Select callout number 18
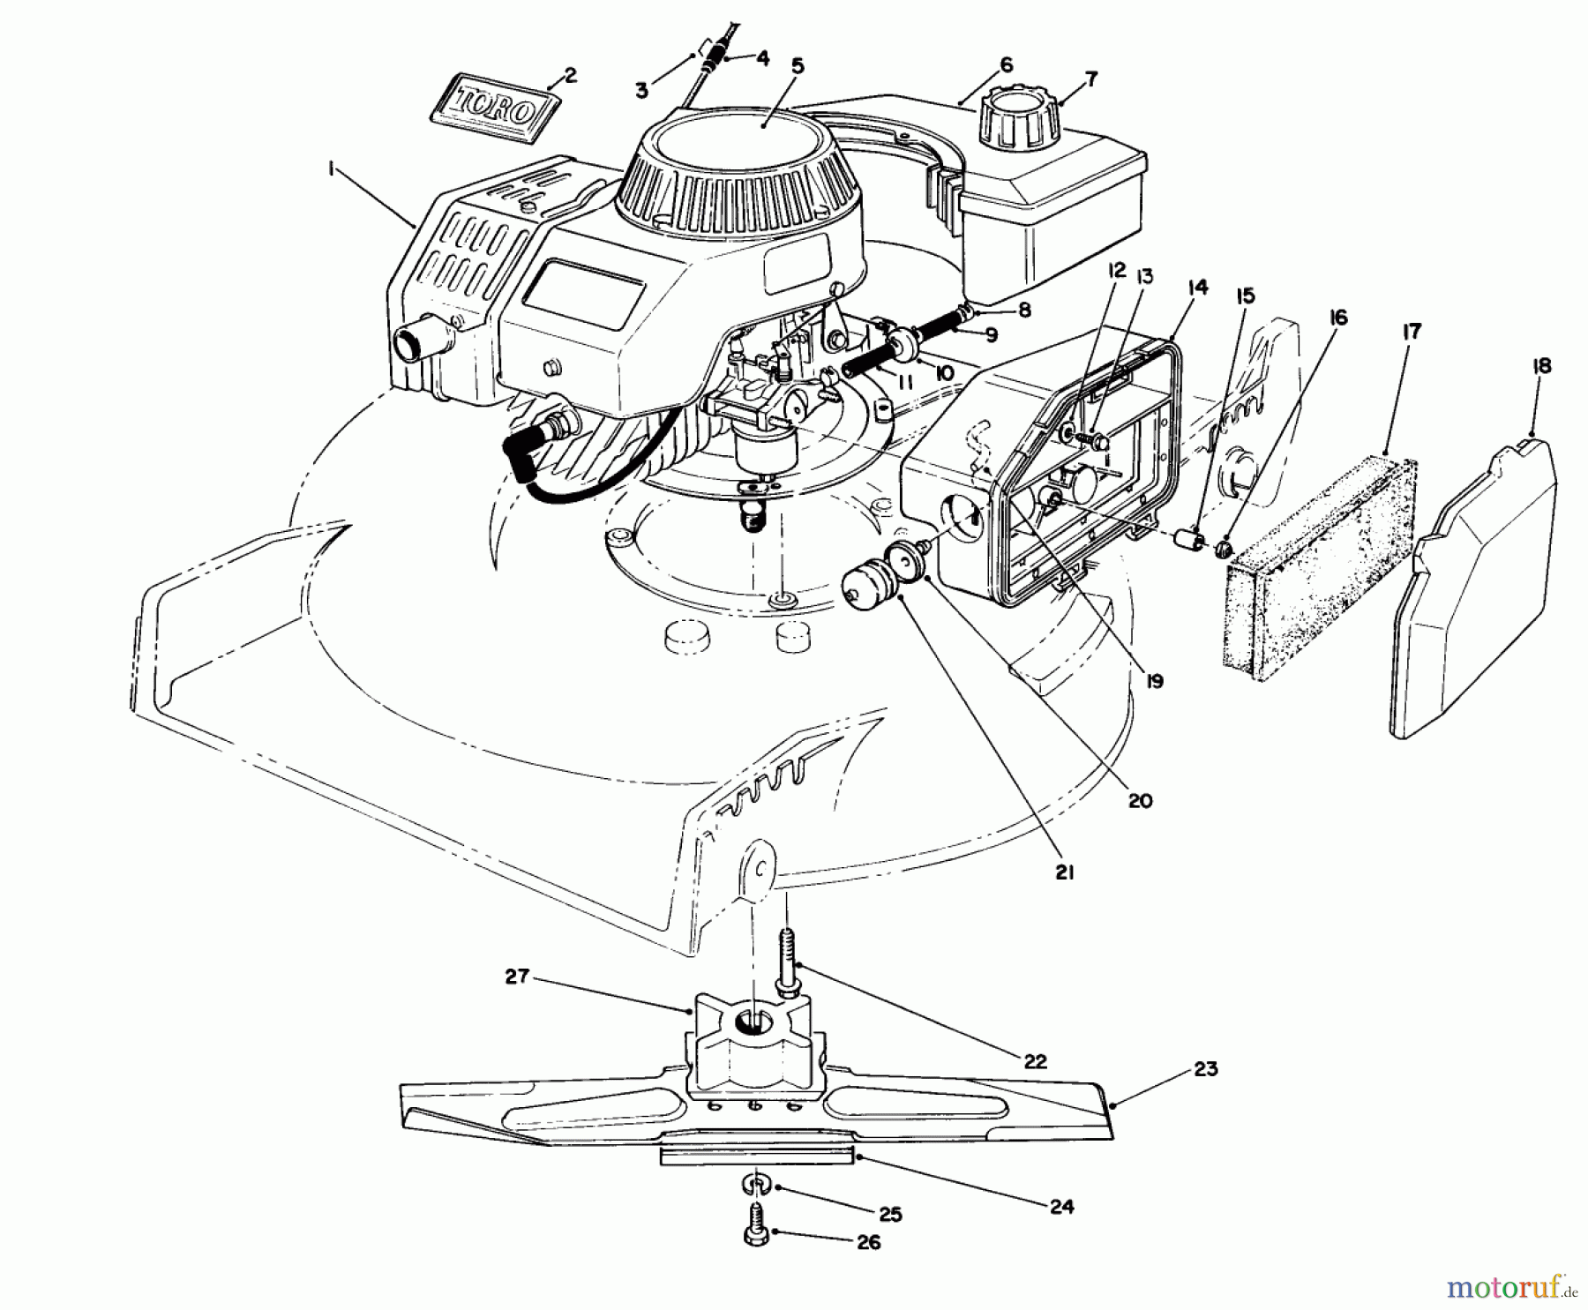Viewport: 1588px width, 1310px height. click(1542, 366)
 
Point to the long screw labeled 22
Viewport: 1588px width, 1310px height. click(786, 962)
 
